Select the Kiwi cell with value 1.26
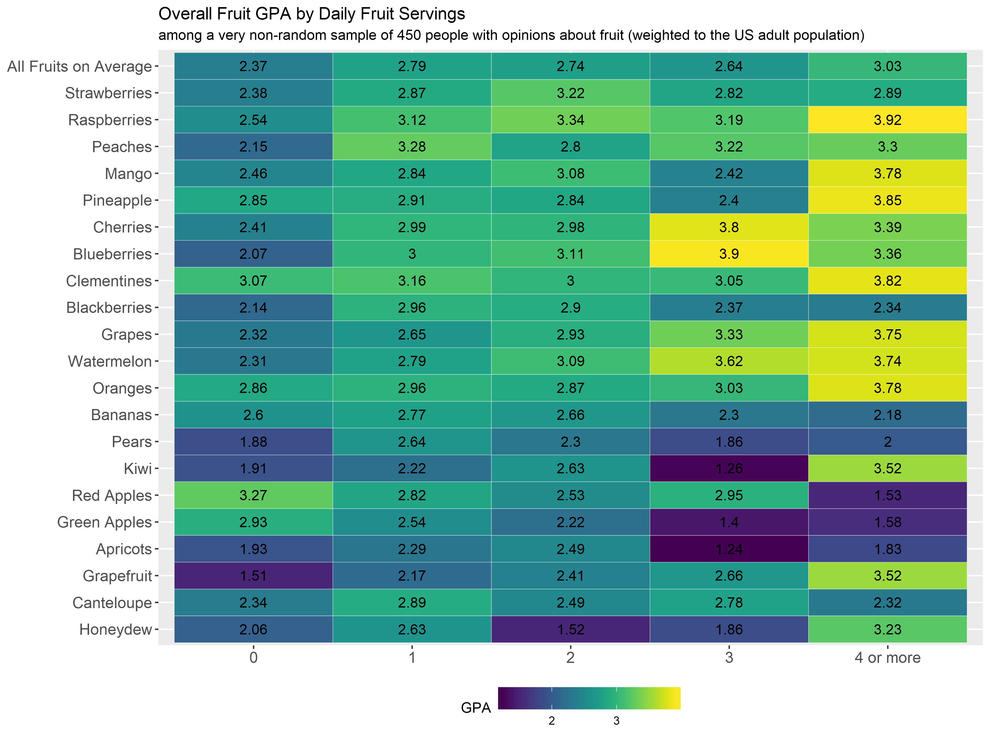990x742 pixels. [x=729, y=469]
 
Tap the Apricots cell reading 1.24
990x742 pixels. [x=729, y=549]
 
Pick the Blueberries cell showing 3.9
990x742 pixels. [x=729, y=254]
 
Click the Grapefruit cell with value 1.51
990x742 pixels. [x=253, y=576]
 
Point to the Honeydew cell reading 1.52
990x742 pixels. [x=570, y=630]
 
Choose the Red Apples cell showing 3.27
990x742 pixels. [x=253, y=495]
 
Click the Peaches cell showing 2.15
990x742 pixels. [x=253, y=147]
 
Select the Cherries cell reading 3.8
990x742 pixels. [x=729, y=227]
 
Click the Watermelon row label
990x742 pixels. [x=110, y=362]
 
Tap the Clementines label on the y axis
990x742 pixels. [x=109, y=281]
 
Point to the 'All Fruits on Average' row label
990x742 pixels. [x=80, y=67]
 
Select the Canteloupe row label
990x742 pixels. [x=112, y=603]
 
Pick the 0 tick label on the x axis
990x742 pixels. [x=253, y=658]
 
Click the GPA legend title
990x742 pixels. [x=476, y=708]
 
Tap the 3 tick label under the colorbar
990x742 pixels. [x=616, y=721]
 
